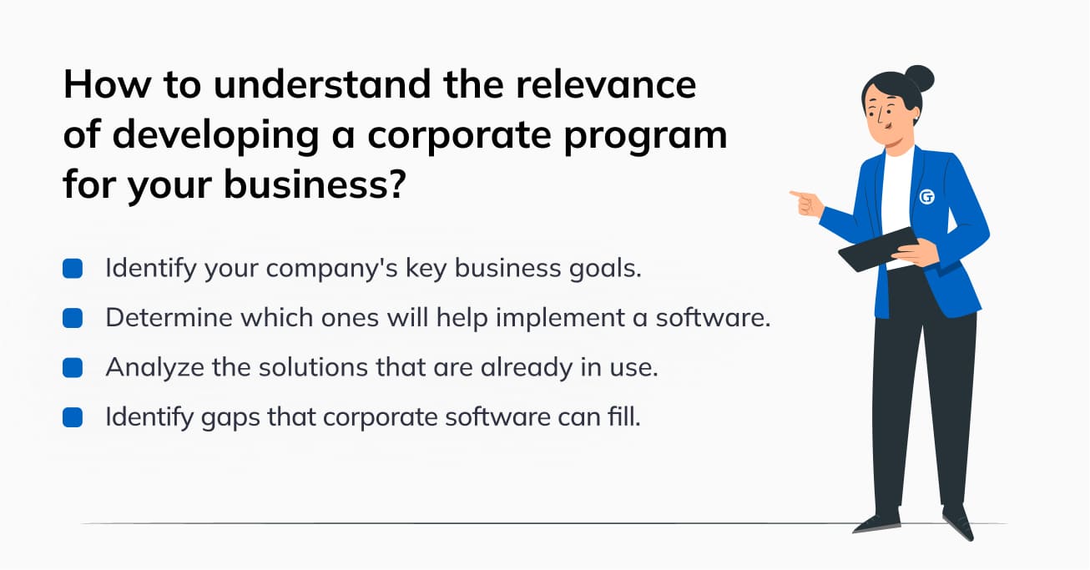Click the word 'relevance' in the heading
(x=606, y=83)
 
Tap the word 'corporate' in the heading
(x=459, y=134)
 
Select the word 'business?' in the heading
(x=315, y=184)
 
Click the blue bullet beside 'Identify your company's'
(x=73, y=268)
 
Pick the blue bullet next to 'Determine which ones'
(x=73, y=318)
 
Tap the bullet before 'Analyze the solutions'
(x=73, y=367)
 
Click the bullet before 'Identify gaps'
(x=73, y=417)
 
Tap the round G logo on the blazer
(x=927, y=197)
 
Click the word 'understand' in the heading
(x=321, y=83)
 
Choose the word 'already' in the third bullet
(x=527, y=368)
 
